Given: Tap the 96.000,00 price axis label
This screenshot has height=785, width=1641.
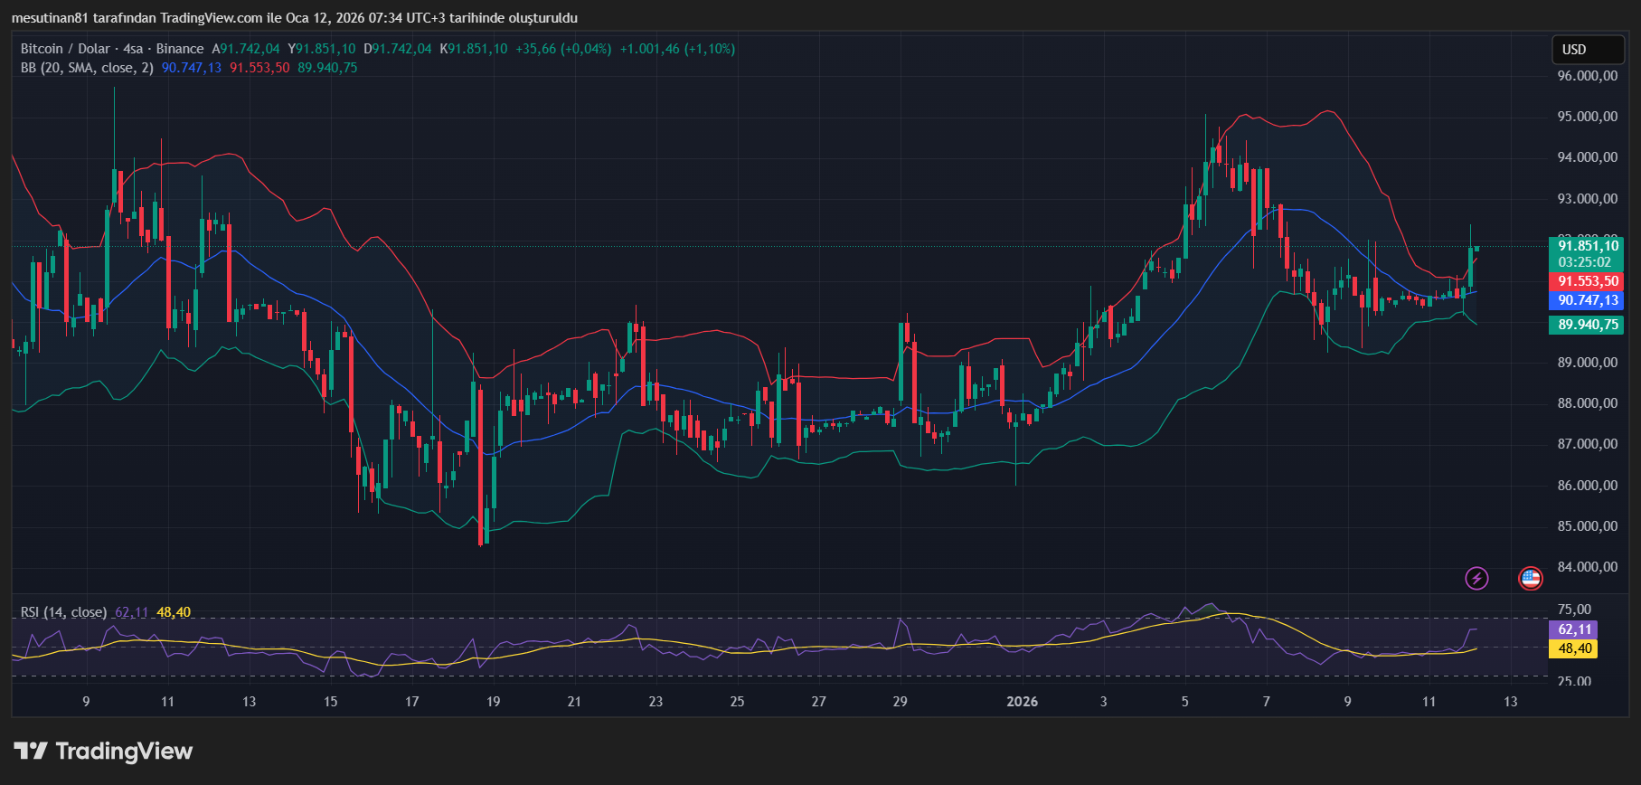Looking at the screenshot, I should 1587,76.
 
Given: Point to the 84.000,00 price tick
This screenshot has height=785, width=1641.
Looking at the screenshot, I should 1587,567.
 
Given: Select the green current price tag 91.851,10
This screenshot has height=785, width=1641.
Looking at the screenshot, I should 1588,246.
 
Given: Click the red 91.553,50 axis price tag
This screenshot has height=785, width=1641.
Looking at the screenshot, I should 1588,282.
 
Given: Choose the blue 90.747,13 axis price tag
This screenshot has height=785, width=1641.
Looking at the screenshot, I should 1588,300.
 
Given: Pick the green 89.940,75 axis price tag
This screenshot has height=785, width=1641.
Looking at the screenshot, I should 1588,325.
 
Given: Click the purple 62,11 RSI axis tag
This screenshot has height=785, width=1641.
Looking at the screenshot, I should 1574,629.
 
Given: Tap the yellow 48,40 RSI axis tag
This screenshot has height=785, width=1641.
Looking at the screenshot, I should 1574,648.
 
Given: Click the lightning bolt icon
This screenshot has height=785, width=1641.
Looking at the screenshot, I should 1476,578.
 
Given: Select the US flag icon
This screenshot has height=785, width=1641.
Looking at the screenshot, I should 1530,578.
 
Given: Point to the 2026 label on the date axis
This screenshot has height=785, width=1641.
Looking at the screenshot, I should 1022,702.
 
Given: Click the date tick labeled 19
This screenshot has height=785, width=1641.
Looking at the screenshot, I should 493,702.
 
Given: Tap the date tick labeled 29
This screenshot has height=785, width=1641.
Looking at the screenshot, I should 900,702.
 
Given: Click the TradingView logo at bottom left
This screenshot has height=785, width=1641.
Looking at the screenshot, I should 103,752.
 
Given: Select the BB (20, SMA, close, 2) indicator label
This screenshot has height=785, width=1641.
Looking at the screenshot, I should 87,68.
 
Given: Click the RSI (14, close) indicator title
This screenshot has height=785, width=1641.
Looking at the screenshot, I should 63,612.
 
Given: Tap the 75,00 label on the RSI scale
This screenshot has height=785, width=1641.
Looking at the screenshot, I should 1574,610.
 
